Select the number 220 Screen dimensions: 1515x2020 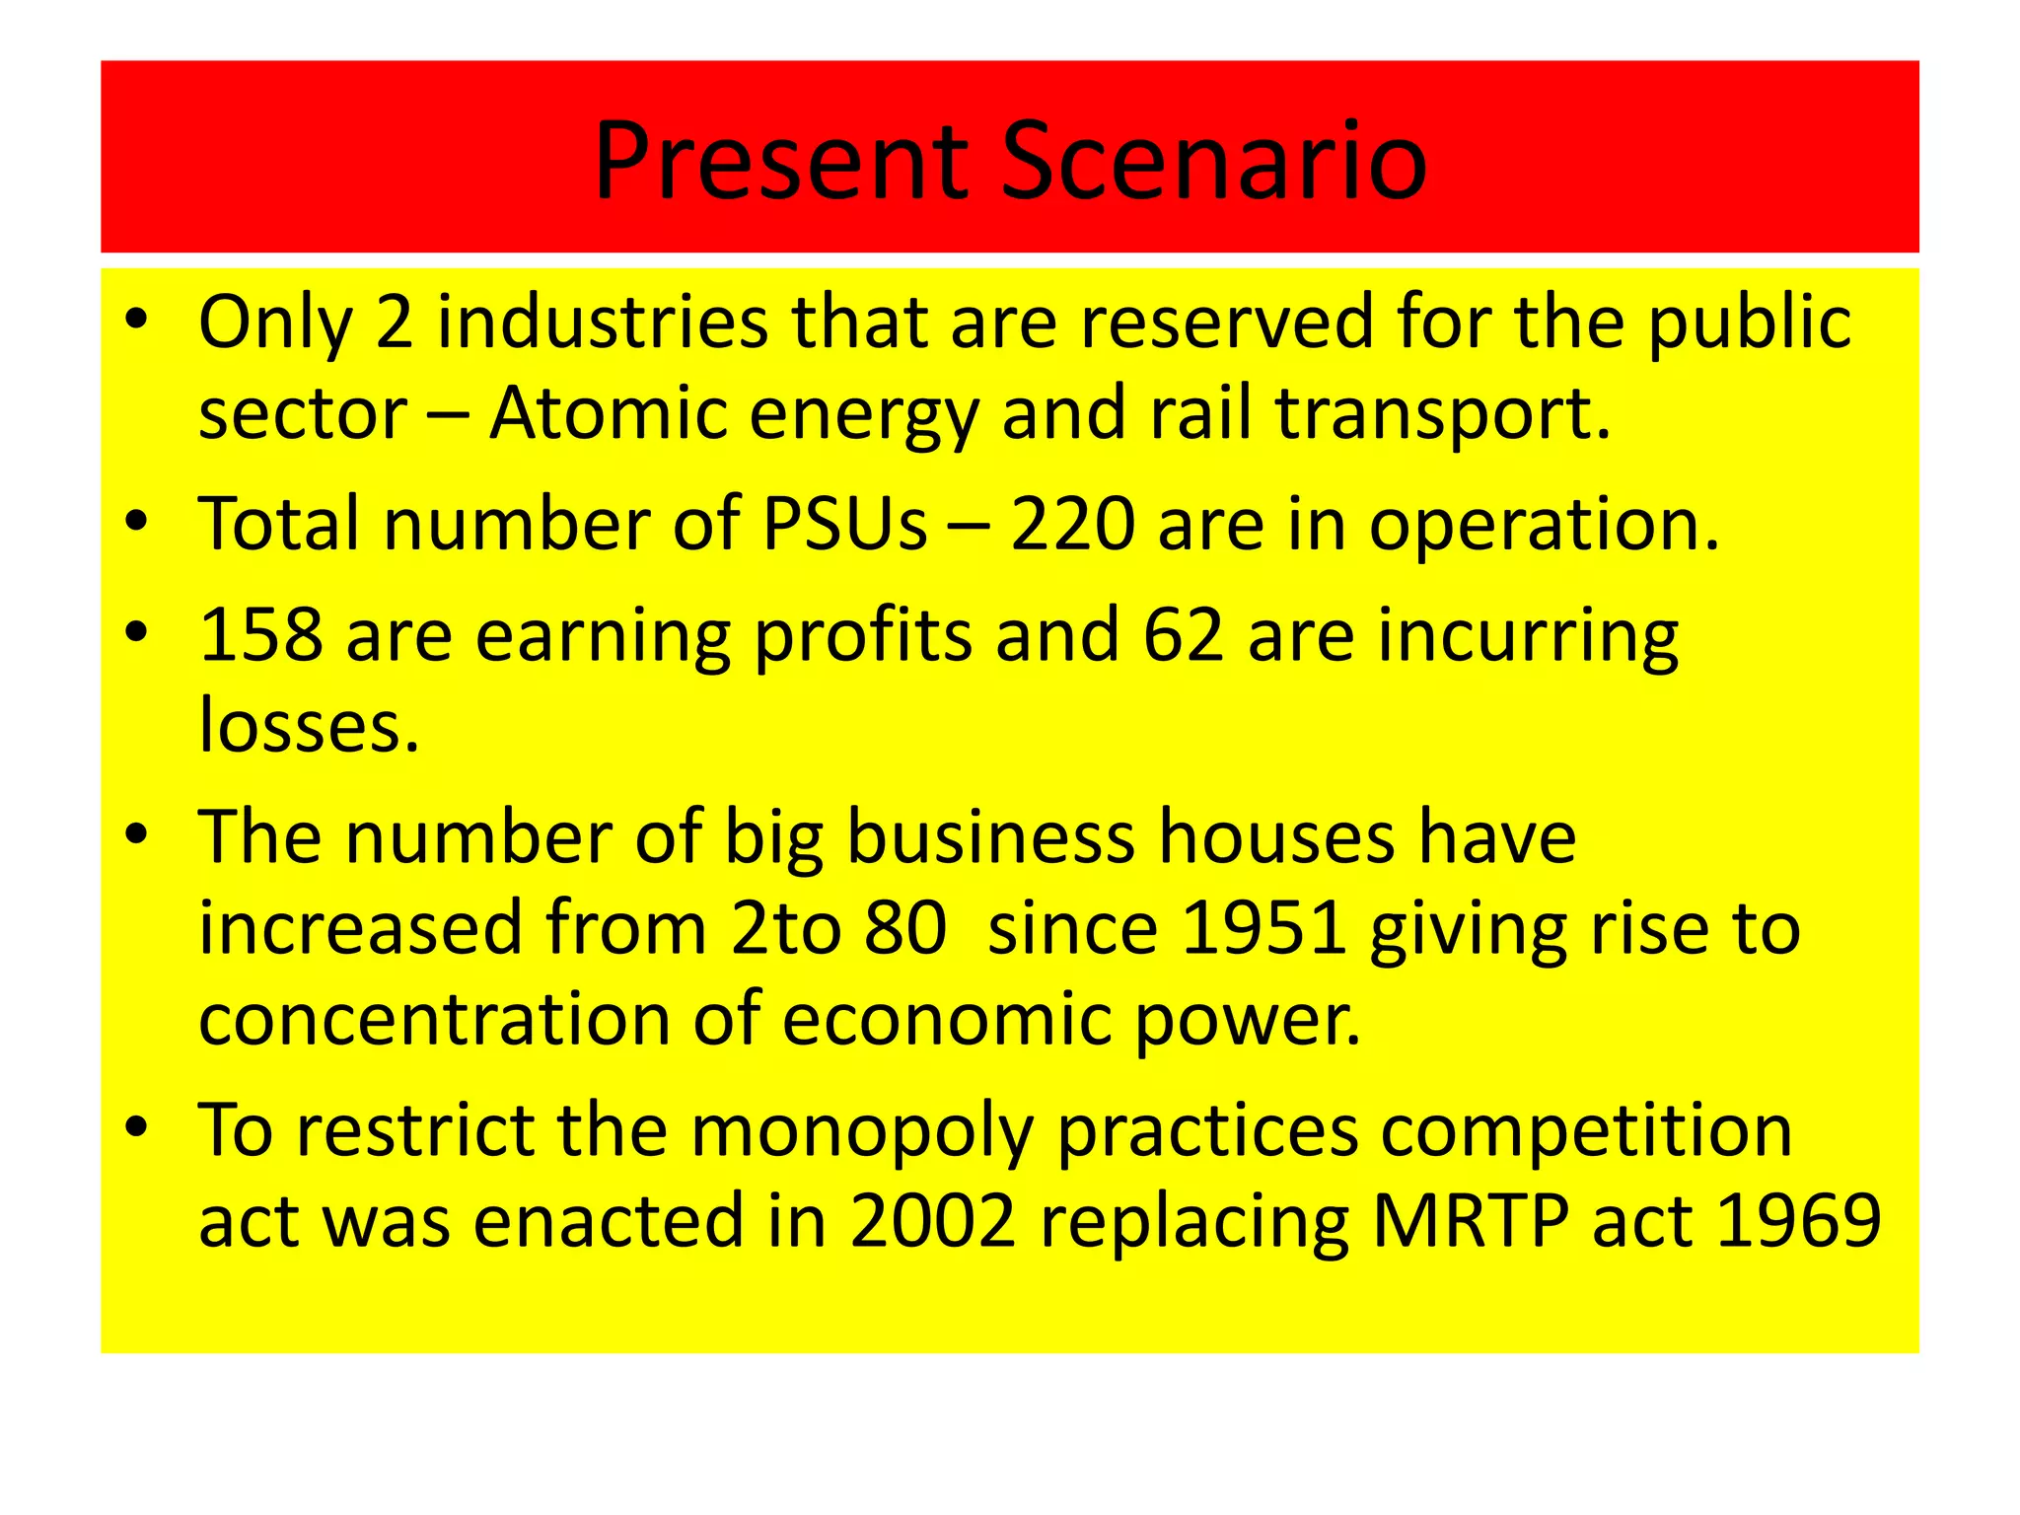1072,524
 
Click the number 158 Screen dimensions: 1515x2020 260,634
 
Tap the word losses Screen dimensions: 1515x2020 308,726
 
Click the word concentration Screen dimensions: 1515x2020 434,1019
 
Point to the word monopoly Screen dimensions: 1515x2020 862,1131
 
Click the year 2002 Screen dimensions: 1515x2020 932,1221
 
